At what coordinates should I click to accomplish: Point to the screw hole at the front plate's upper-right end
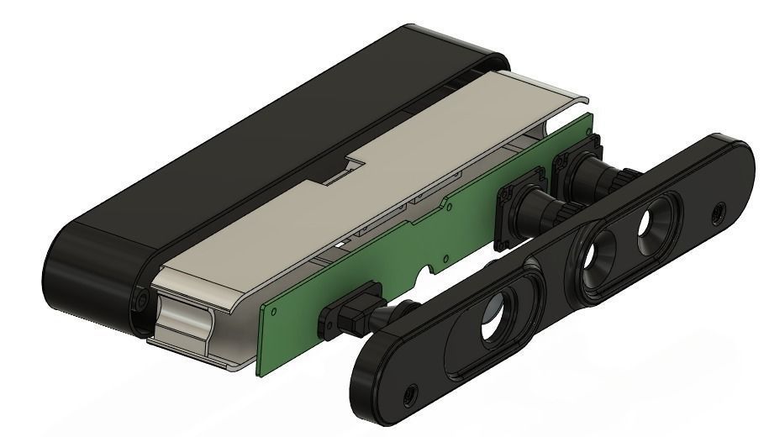pyautogui.click(x=717, y=212)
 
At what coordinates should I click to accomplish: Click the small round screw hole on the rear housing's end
pyautogui.click(x=140, y=300)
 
